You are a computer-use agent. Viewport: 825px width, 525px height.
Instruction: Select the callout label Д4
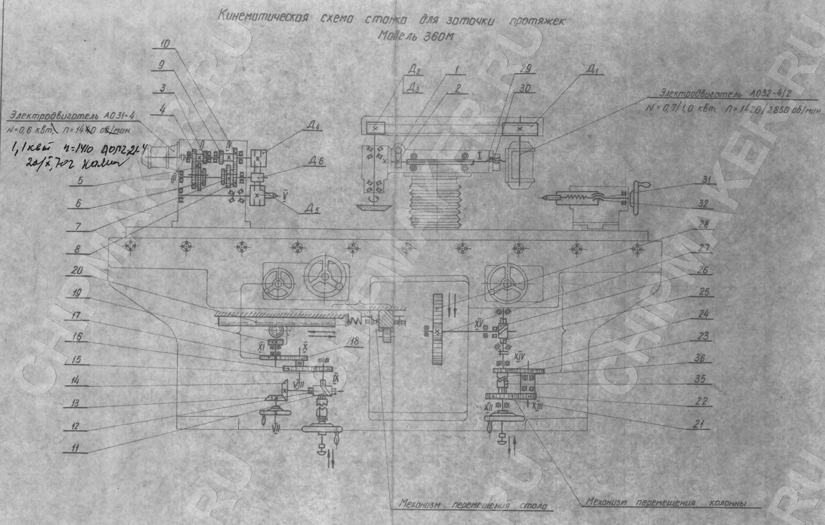312,128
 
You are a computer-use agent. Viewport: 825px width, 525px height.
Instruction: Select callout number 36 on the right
701,359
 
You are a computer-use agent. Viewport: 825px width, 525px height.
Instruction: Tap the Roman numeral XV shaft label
479,323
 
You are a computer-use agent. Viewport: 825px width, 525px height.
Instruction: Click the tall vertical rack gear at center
437,329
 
